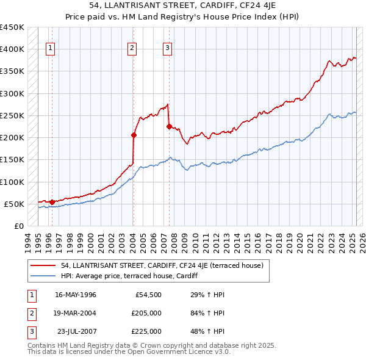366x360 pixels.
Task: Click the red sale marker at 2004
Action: (x=133, y=135)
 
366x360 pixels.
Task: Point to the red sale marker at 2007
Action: (x=168, y=127)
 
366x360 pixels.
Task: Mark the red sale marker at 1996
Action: (x=52, y=202)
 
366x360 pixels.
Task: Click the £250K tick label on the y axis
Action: (x=12, y=115)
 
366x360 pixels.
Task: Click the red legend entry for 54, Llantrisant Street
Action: (x=162, y=265)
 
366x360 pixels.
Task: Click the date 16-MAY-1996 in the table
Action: (x=76, y=295)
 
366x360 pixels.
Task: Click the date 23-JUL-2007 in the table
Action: (x=76, y=331)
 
